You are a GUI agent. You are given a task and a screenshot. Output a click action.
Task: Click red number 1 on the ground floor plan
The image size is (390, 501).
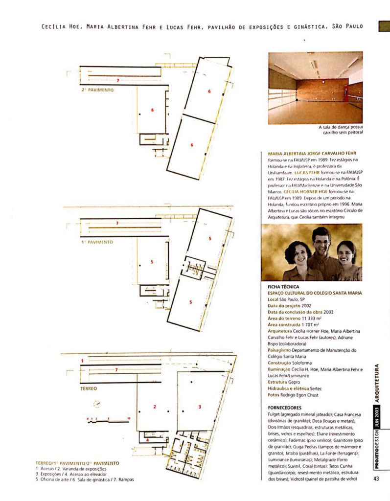82,361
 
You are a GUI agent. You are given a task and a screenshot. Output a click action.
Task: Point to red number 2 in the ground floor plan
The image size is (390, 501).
155,407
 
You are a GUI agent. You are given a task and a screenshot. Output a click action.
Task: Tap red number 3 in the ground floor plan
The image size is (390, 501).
200,407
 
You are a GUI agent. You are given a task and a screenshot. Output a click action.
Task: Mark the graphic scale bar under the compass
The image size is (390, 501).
108,419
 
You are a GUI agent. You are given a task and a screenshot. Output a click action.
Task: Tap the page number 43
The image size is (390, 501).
376,478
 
